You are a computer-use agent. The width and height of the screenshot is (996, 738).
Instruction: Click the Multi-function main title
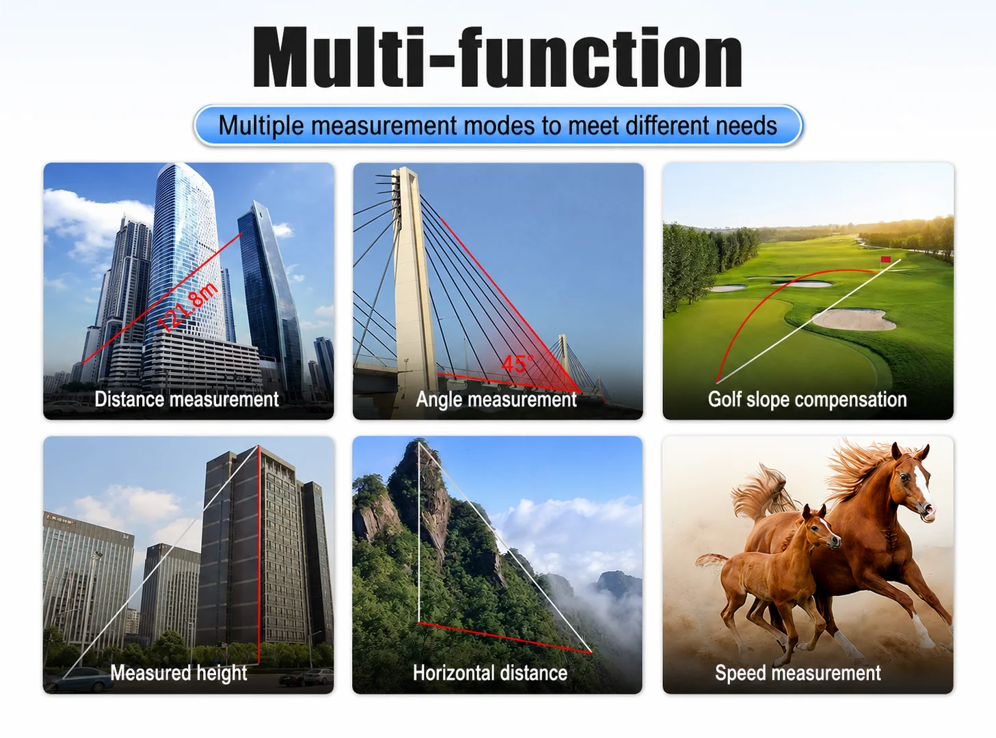click(497, 57)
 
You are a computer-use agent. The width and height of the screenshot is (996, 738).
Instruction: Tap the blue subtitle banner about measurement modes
click(498, 125)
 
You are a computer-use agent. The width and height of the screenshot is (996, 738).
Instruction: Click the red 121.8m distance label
click(189, 307)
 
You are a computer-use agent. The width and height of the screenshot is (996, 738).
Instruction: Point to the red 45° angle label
click(517, 364)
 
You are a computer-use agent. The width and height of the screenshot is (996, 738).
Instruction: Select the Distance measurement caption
click(187, 399)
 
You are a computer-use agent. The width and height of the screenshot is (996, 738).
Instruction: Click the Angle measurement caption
click(496, 399)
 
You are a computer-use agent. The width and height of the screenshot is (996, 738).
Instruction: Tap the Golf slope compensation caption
click(807, 399)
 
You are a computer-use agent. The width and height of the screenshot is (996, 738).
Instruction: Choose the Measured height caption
click(178, 672)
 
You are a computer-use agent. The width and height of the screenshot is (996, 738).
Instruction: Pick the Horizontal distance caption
click(490, 672)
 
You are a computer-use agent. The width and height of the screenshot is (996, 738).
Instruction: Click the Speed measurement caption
click(798, 672)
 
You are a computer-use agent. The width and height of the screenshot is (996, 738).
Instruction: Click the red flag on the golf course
click(885, 260)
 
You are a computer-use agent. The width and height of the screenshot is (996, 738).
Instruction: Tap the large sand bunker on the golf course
click(854, 319)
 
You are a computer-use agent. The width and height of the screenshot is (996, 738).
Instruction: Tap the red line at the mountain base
click(505, 638)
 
